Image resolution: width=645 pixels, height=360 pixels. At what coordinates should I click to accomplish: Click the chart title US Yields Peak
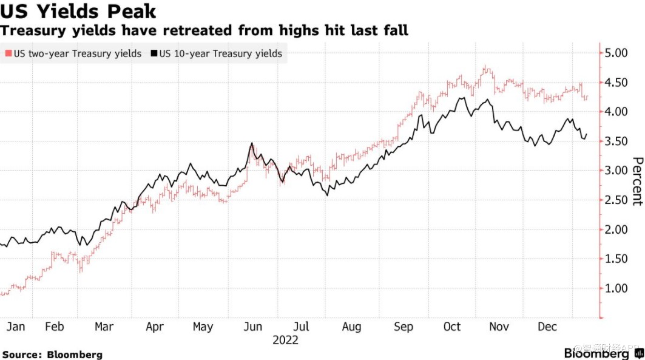click(x=79, y=11)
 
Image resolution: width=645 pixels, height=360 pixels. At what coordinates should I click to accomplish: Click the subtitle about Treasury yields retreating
click(x=204, y=30)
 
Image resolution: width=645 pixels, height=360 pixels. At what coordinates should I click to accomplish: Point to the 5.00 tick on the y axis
click(x=621, y=53)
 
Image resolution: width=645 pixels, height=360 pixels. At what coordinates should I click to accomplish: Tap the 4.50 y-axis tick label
click(x=621, y=83)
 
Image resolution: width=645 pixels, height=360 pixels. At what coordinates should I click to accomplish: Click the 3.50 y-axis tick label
click(x=621, y=141)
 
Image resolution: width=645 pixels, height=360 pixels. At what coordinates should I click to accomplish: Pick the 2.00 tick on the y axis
click(x=621, y=229)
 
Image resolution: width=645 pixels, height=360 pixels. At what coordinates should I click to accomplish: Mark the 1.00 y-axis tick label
click(x=621, y=288)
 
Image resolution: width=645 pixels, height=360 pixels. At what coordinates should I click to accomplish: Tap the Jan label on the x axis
click(x=16, y=327)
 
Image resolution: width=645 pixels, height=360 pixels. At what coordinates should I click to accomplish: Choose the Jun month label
click(x=253, y=327)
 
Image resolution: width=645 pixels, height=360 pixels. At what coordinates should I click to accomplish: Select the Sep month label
click(x=403, y=327)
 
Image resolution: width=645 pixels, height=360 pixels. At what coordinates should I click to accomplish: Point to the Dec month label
click(x=547, y=327)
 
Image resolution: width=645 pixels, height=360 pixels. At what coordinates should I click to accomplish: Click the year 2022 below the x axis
click(x=285, y=340)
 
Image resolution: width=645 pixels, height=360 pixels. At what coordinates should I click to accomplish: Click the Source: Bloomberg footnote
click(x=52, y=355)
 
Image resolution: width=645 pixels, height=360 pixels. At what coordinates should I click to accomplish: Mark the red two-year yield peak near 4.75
click(x=486, y=68)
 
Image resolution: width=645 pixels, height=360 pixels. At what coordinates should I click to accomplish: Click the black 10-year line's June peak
click(x=251, y=144)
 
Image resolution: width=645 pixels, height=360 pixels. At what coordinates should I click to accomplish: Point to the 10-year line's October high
click(x=462, y=98)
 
